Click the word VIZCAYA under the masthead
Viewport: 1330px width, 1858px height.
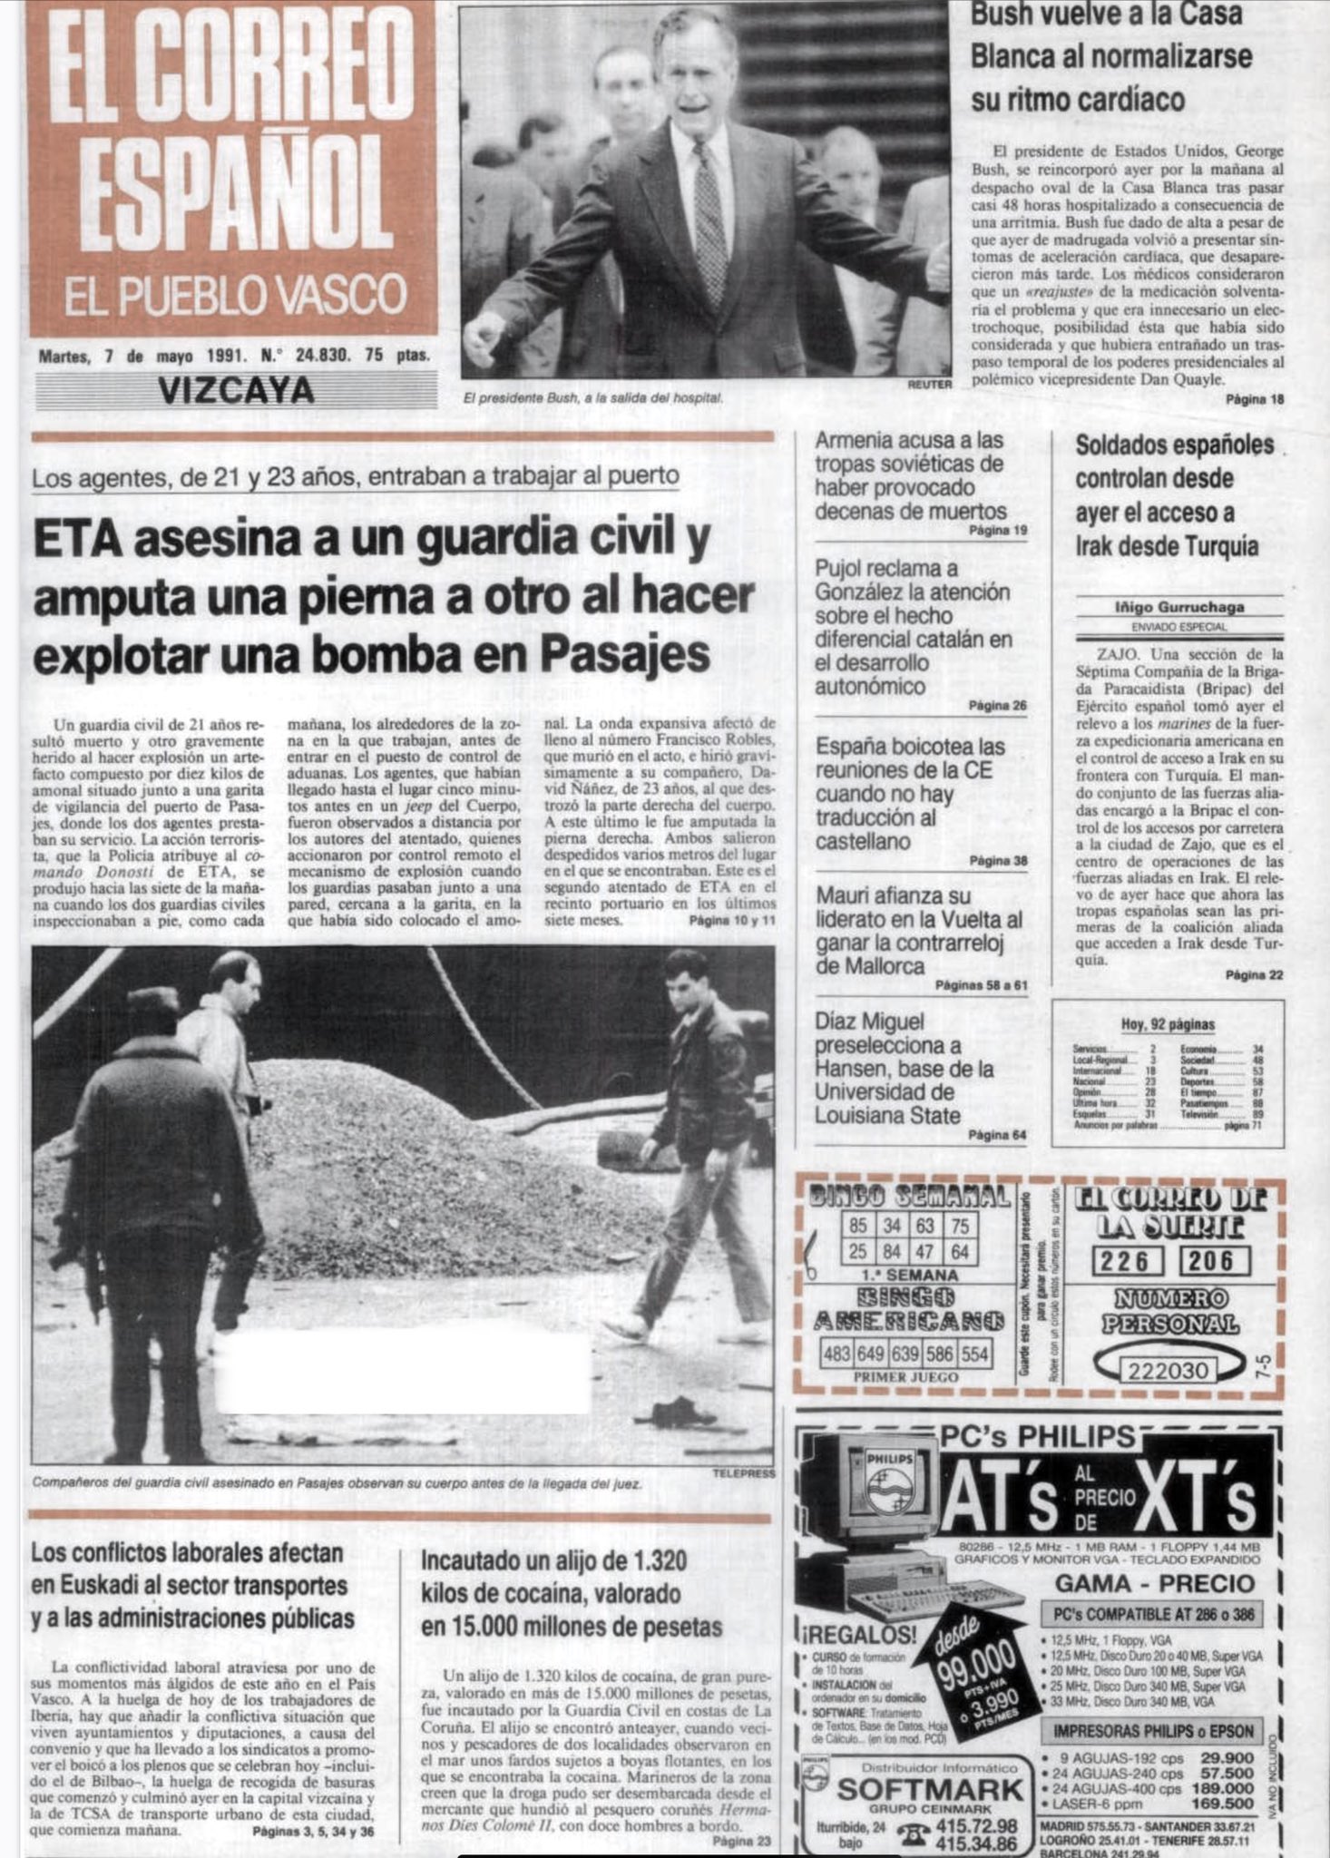(x=235, y=390)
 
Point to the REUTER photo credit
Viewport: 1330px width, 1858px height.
(x=929, y=385)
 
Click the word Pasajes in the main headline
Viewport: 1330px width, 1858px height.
(x=621, y=654)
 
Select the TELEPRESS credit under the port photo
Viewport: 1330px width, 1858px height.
(x=743, y=1473)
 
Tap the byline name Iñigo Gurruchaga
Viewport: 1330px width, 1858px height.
(x=1178, y=608)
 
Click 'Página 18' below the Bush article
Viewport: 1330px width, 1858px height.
(x=1255, y=399)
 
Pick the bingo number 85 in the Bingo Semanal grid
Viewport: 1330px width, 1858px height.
(x=858, y=1226)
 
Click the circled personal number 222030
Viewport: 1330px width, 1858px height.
(x=1168, y=1370)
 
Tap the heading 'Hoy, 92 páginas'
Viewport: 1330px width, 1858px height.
(x=1168, y=1024)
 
